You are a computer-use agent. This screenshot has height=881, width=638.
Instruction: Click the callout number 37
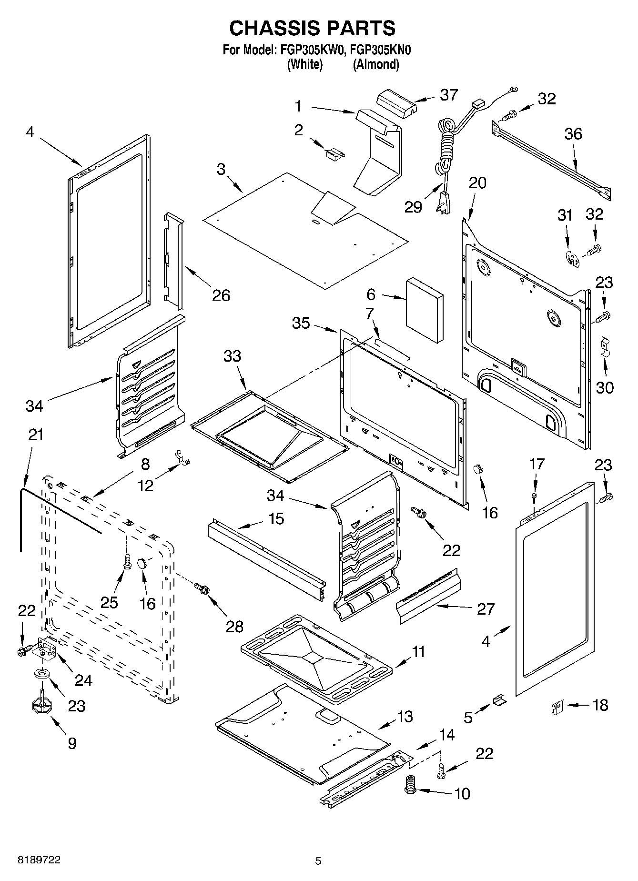(449, 95)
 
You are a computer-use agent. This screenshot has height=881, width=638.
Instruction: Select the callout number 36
(573, 134)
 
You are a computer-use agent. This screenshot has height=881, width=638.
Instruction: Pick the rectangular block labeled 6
(424, 310)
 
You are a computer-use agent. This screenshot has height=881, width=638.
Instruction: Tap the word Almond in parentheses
(375, 65)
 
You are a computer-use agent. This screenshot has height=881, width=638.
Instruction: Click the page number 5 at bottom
(318, 861)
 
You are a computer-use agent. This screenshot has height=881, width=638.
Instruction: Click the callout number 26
(221, 295)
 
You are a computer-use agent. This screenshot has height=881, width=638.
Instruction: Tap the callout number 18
(600, 705)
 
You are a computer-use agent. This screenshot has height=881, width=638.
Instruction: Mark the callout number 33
(233, 356)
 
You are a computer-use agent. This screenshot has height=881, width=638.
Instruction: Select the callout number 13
(405, 717)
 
